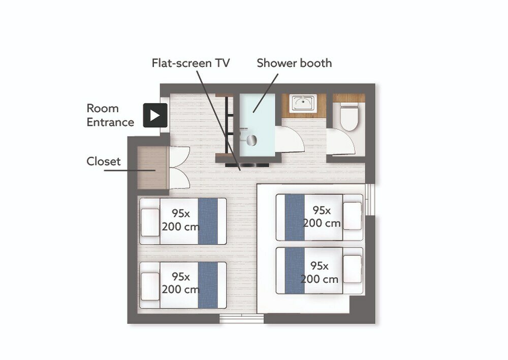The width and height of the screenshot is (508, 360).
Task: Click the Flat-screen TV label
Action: pos(190,63)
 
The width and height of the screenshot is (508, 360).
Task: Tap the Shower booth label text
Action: pos(294,63)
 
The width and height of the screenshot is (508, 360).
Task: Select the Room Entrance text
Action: pos(110,115)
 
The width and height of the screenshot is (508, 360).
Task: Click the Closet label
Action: pos(103,161)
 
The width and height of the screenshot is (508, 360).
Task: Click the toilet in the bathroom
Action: pos(350,115)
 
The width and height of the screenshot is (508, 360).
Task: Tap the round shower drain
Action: pos(251,140)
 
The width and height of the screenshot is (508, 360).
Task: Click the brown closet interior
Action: pos(152,168)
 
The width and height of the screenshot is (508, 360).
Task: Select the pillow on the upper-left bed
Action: pos(150,223)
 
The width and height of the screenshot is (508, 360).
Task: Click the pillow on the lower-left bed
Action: pos(150,286)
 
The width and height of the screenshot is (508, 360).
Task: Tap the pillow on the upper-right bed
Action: pos(352,216)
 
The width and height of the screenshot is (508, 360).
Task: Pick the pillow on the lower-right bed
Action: pos(352,269)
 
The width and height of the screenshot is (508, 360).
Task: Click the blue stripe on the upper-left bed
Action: pos(208,221)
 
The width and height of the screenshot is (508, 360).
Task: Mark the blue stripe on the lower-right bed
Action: pos(295,271)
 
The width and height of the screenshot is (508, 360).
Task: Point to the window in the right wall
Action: pos(370,200)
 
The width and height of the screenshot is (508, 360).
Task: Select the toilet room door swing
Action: pos(341,142)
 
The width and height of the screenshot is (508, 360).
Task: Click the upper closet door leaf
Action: pos(179,157)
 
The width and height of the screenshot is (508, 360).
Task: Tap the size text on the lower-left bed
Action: pos(180,283)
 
